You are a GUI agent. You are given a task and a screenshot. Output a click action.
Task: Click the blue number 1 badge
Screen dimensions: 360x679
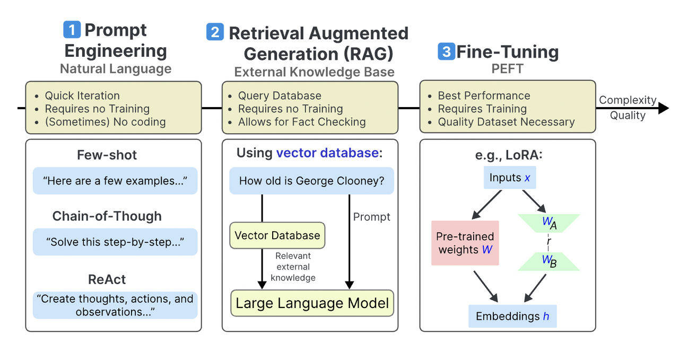point(72,30)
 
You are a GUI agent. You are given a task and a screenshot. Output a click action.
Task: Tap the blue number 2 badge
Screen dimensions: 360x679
point(215,32)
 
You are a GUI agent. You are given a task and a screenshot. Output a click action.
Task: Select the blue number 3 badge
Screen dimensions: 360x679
point(446,51)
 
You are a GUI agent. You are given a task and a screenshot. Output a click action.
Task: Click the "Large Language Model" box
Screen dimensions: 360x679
point(312,303)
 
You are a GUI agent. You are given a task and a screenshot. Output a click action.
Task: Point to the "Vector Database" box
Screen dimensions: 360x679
point(277,235)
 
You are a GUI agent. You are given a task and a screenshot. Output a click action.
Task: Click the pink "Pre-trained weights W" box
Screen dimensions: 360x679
point(465,243)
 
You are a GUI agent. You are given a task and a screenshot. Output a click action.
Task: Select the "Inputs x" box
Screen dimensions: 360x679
point(509,178)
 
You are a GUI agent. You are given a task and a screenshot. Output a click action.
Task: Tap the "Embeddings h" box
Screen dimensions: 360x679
point(512,316)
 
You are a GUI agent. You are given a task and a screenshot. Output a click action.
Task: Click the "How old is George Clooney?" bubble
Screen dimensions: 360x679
point(311,181)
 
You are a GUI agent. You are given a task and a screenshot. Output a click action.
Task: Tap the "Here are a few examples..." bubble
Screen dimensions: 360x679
point(115,181)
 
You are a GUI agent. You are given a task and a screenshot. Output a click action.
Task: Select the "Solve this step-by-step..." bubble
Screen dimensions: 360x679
point(115,242)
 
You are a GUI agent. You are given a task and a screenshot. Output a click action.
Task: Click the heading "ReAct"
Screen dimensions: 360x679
point(107,279)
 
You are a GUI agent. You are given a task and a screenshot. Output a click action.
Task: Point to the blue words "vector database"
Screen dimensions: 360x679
point(327,153)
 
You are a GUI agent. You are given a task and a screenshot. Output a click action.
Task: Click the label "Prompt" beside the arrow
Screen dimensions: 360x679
point(371,217)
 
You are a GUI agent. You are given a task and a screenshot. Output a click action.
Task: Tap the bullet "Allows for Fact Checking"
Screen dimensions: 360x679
point(302,122)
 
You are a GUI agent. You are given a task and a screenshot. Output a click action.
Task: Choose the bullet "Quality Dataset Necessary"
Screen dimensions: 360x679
point(506,122)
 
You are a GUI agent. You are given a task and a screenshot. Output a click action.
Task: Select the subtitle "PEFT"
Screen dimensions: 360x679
point(508,69)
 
